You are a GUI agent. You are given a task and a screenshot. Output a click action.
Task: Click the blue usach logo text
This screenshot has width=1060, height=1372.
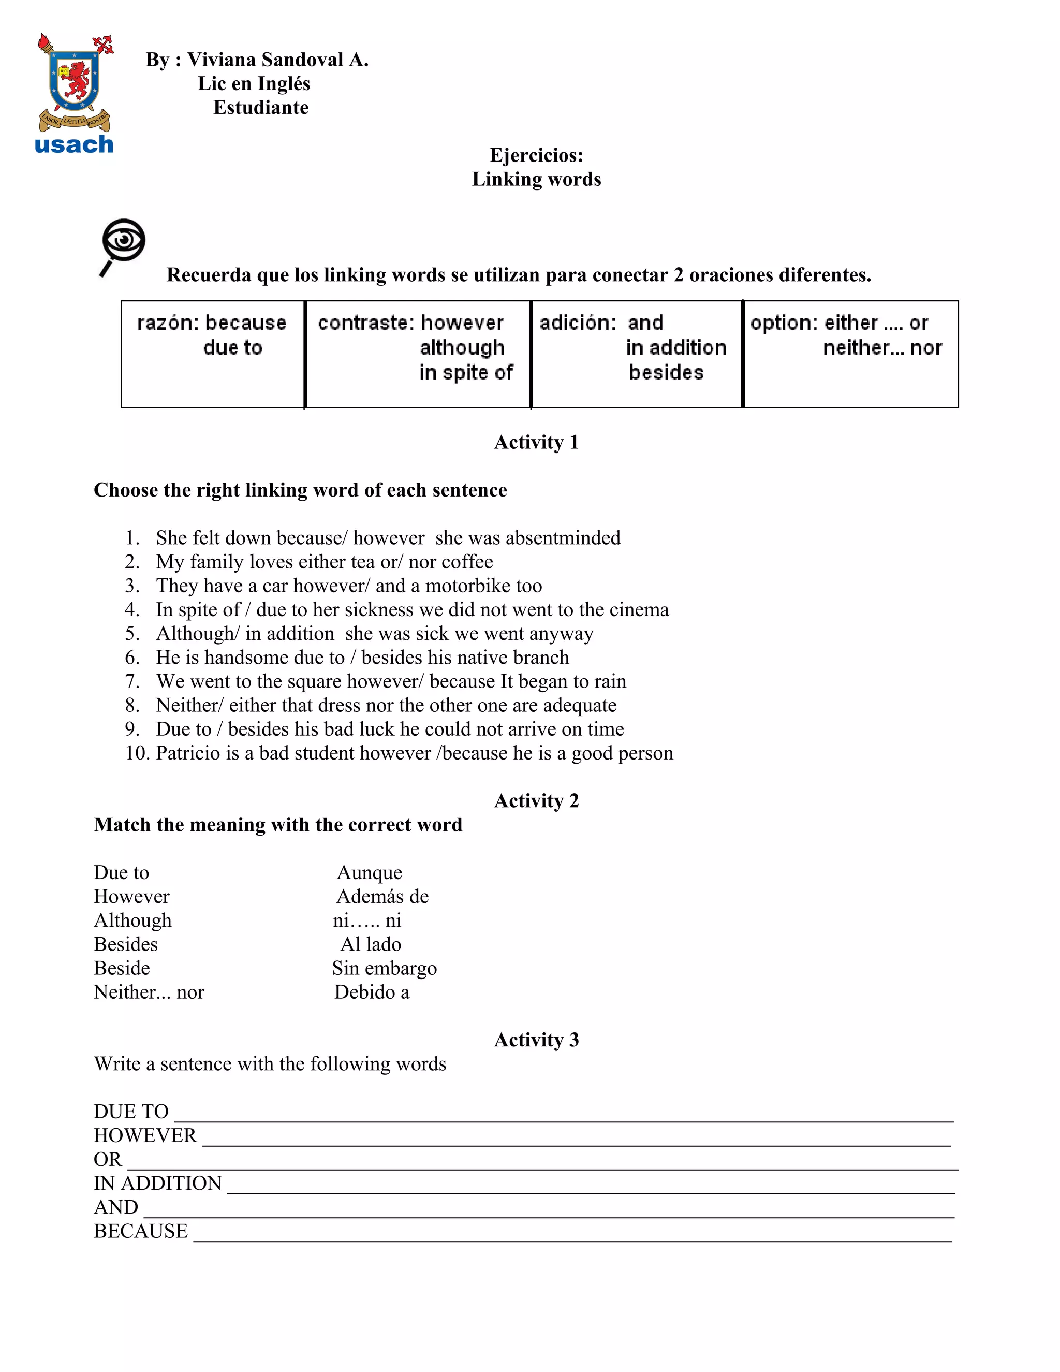(x=74, y=144)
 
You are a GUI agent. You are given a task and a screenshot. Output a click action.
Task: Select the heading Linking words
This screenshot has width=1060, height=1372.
(x=536, y=179)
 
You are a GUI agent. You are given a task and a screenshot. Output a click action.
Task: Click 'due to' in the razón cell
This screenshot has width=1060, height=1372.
(x=232, y=347)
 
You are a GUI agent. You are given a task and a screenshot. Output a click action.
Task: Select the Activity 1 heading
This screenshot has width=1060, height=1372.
(x=536, y=442)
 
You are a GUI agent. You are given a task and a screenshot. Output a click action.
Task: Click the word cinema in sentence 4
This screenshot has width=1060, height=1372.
(x=639, y=609)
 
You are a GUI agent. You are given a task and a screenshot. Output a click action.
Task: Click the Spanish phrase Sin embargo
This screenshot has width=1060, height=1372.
(x=385, y=968)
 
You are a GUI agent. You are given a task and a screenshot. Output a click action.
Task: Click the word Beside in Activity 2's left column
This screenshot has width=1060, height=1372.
(x=122, y=968)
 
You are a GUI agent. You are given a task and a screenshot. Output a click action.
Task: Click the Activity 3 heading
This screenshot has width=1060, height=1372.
(x=536, y=1040)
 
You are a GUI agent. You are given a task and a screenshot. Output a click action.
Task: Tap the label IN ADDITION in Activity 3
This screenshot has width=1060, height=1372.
(x=158, y=1183)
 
